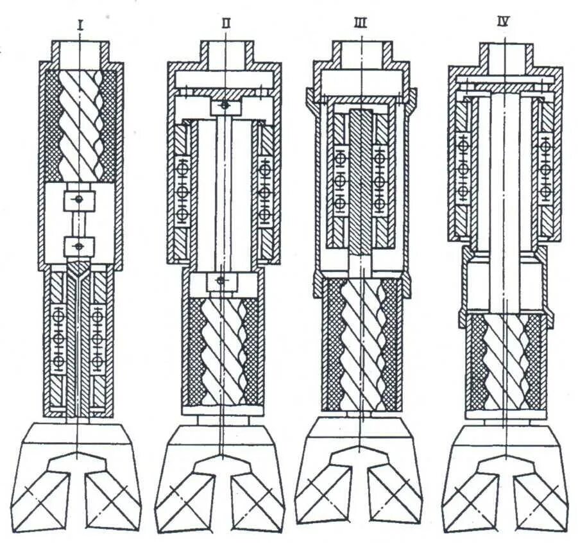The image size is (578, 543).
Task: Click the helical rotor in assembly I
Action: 80,125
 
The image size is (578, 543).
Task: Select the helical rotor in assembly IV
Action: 506,363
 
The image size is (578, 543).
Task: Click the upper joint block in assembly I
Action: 79,200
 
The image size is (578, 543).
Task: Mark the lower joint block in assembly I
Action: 79,245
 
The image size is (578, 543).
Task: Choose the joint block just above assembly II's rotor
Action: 222,280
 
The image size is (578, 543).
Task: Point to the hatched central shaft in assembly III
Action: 361,180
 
